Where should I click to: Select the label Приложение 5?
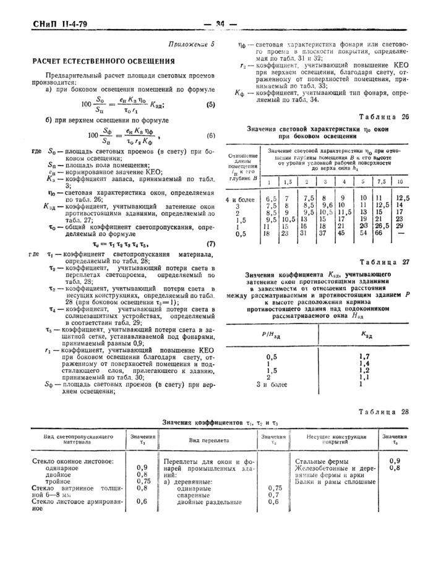tap(191, 45)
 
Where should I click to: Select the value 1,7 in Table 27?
tap(364, 356)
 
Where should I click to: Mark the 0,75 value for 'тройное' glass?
tap(142, 481)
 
